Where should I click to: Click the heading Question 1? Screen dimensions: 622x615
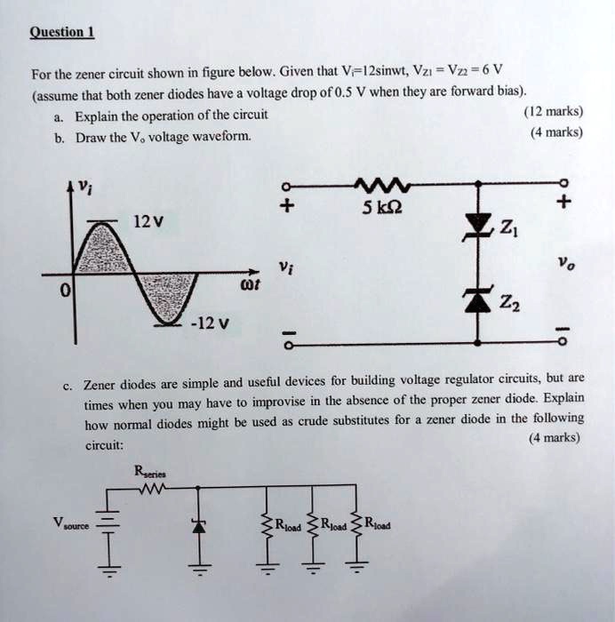pos(62,34)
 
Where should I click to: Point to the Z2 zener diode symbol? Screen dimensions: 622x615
pos(480,300)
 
